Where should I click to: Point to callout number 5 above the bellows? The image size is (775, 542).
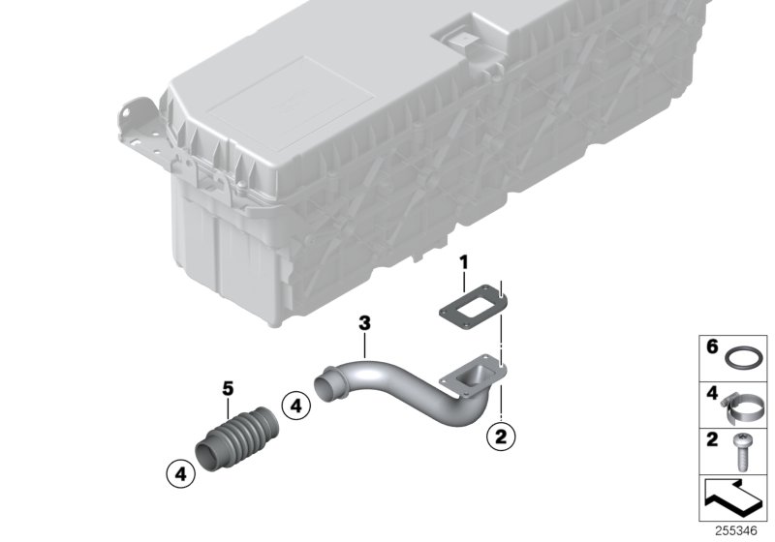point(228,388)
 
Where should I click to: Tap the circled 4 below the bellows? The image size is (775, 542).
point(178,474)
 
